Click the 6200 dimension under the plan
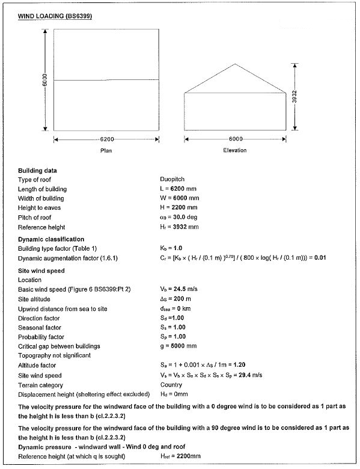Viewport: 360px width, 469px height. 106,139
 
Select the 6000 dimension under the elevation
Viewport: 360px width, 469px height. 236,139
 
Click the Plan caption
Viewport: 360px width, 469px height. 106,150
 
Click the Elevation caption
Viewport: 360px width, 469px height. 235,150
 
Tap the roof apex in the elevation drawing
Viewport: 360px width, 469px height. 235,64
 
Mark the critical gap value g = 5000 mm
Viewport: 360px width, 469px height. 180,346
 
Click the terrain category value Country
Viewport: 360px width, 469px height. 171,384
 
